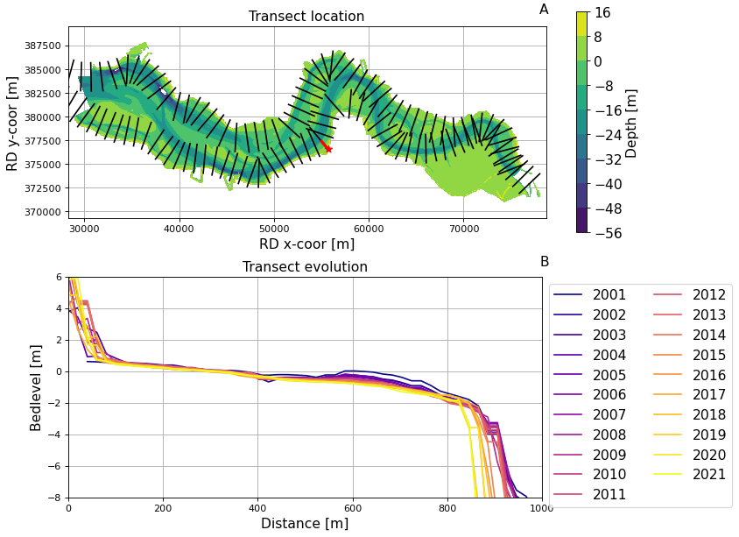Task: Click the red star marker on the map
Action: [x=328, y=149]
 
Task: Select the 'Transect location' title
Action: [x=306, y=17]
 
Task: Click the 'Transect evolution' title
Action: [x=305, y=267]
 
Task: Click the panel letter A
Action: [x=544, y=10]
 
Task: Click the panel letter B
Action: [x=545, y=262]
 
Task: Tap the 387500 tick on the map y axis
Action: [x=43, y=46]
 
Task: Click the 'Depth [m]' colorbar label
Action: [x=632, y=123]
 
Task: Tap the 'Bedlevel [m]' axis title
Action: [x=36, y=387]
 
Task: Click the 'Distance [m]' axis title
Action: [x=305, y=524]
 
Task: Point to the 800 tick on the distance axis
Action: [x=447, y=507]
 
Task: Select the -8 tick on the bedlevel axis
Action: [x=56, y=498]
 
